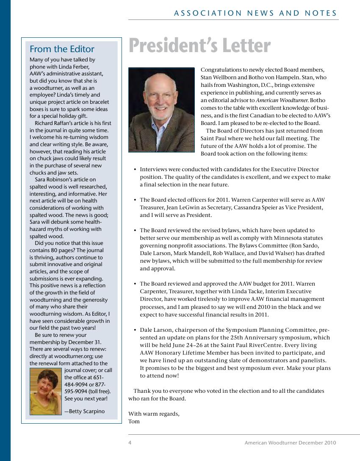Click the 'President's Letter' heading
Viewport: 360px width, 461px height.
click(199, 46)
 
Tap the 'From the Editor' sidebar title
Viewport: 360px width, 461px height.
click(62, 49)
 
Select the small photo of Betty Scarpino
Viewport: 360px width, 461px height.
click(46, 391)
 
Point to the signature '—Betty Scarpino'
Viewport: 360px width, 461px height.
click(84, 411)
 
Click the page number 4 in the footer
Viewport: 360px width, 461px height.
click(130, 443)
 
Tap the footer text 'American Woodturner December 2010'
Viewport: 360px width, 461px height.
click(290, 443)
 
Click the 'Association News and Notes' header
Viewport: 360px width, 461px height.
click(255, 14)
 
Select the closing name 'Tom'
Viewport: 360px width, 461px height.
click(134, 422)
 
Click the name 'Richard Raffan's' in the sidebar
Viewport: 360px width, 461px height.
click(55, 123)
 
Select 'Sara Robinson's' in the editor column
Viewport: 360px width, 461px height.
click(55, 180)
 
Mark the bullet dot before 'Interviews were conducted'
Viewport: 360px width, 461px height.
click(134, 169)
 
